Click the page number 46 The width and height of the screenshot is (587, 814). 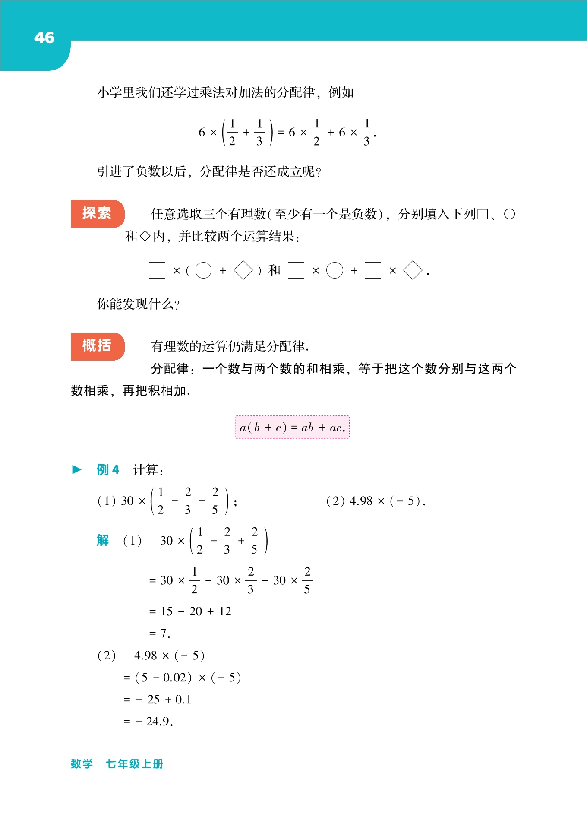44,38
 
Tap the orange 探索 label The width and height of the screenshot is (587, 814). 97,213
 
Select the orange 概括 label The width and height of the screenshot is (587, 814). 97,346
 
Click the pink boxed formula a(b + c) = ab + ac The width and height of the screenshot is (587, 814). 292,428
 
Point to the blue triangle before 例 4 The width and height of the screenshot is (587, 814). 77,469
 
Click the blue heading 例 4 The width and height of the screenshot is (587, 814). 107,469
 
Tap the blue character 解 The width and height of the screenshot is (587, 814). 103,540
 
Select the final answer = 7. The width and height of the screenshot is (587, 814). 160,633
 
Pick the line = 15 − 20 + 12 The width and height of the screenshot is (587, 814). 190,611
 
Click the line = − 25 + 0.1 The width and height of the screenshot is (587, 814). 157,700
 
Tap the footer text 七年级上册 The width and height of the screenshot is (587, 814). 134,764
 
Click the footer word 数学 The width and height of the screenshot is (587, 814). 82,764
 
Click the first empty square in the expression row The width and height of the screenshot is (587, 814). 157,270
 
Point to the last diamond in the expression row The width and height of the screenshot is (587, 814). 413,270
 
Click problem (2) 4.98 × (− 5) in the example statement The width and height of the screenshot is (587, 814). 376,501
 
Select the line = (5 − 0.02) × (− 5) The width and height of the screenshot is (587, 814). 182,678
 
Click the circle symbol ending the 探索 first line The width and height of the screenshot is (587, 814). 509,214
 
